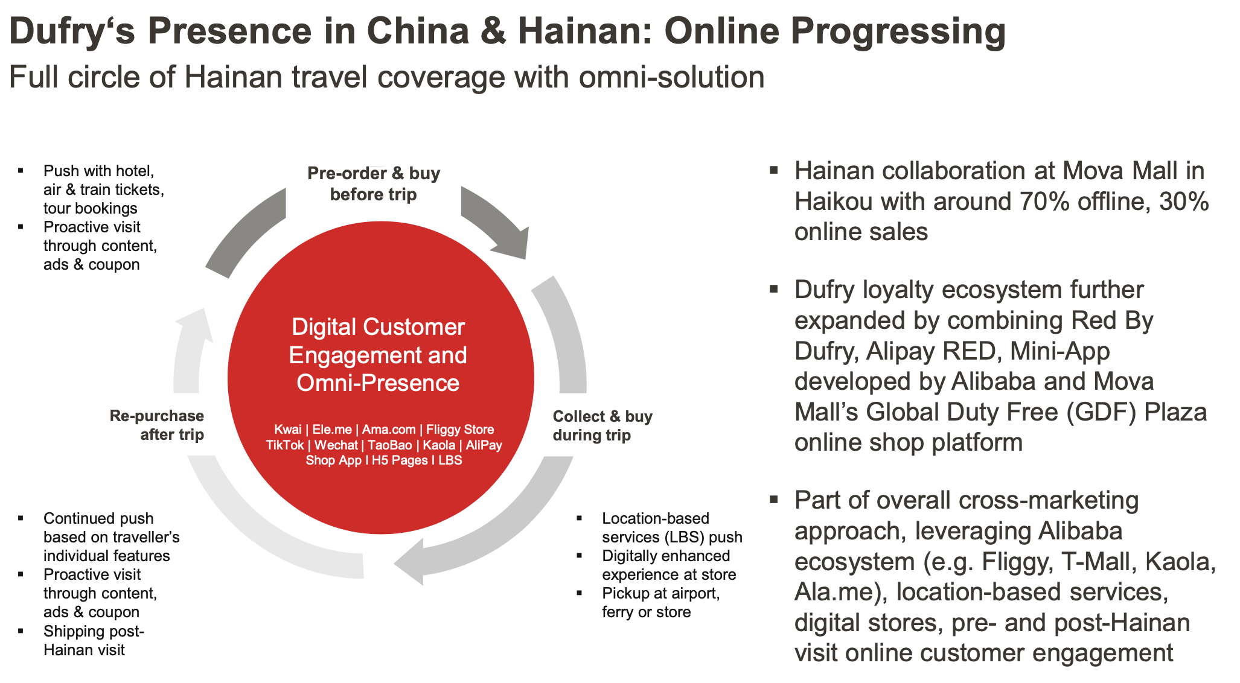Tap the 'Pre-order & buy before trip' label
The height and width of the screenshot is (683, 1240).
click(374, 183)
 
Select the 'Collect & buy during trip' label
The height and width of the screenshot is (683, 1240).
click(602, 425)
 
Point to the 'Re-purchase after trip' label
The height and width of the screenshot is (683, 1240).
click(157, 425)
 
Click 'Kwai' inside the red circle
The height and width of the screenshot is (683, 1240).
click(287, 430)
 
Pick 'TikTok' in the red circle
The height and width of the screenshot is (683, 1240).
click(285, 445)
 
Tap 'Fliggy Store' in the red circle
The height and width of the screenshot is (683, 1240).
click(460, 430)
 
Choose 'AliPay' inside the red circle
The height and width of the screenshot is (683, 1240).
click(484, 445)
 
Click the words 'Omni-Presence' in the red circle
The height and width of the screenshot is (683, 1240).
click(378, 383)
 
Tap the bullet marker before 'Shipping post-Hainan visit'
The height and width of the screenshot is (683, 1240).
click(21, 631)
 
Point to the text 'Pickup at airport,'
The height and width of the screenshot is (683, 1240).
click(661, 593)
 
